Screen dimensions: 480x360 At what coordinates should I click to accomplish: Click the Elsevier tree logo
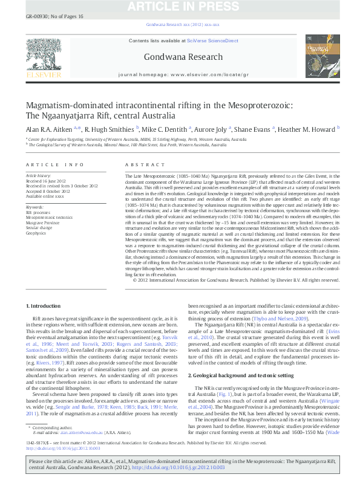39,54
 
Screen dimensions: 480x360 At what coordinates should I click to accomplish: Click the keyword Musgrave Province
40,222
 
